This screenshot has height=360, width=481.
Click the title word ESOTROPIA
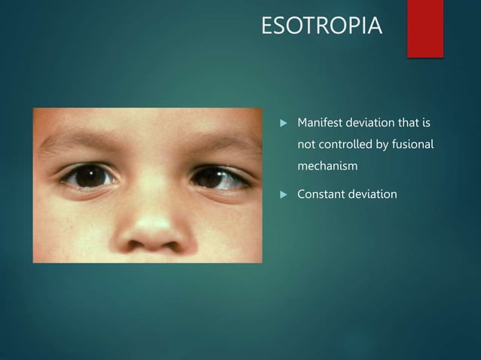[321, 27]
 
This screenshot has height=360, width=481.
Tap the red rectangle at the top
[424, 27]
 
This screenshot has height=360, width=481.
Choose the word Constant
[322, 195]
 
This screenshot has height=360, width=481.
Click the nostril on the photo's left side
[136, 243]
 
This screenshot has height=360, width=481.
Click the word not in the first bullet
[306, 143]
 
